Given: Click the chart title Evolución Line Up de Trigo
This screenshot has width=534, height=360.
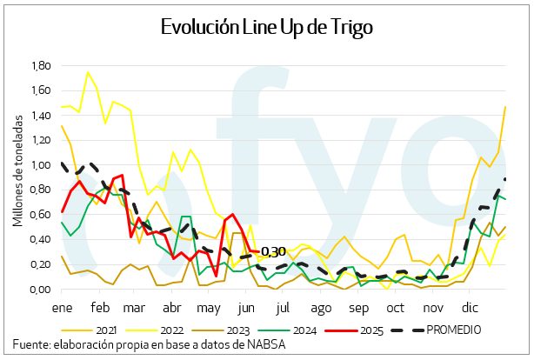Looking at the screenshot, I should coord(267,27).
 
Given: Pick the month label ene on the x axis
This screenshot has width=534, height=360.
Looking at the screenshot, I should coord(62,308).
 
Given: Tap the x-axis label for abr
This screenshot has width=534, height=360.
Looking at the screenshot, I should coord(171,308).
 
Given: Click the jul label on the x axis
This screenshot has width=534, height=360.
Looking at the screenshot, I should coord(283,308).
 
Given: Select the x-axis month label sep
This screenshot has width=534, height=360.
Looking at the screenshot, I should coord(358,308).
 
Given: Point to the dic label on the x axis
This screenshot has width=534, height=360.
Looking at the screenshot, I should coord(471,308).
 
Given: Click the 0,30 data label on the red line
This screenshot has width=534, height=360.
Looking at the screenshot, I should coord(274,252).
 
